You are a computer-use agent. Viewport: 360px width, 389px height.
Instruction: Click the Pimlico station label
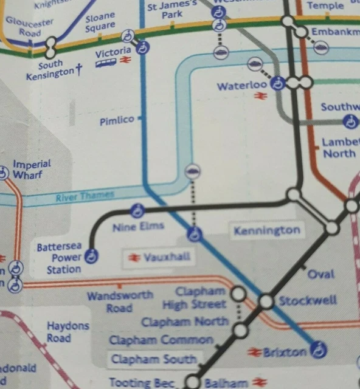point(117,120)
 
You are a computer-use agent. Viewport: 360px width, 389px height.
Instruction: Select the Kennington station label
point(267,230)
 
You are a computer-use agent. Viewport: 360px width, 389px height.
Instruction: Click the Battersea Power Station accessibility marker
point(92,256)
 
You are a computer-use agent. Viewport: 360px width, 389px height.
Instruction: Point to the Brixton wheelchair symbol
point(317,349)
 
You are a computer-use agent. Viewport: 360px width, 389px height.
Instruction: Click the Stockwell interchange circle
point(266,301)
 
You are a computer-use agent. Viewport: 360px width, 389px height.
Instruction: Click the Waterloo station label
point(242,86)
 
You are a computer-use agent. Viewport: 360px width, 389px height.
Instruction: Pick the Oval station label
point(320,274)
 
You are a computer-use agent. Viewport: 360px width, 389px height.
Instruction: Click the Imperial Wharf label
point(32,170)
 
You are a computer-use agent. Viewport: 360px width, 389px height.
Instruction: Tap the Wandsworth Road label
point(120,301)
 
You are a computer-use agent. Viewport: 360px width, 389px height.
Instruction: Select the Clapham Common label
point(161,340)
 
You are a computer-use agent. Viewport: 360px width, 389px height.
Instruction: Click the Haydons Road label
point(67,332)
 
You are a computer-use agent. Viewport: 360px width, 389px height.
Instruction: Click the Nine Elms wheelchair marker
point(138,211)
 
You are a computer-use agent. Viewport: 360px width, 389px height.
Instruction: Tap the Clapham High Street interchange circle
point(238,294)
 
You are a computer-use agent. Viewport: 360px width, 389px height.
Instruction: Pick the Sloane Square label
point(100,23)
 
